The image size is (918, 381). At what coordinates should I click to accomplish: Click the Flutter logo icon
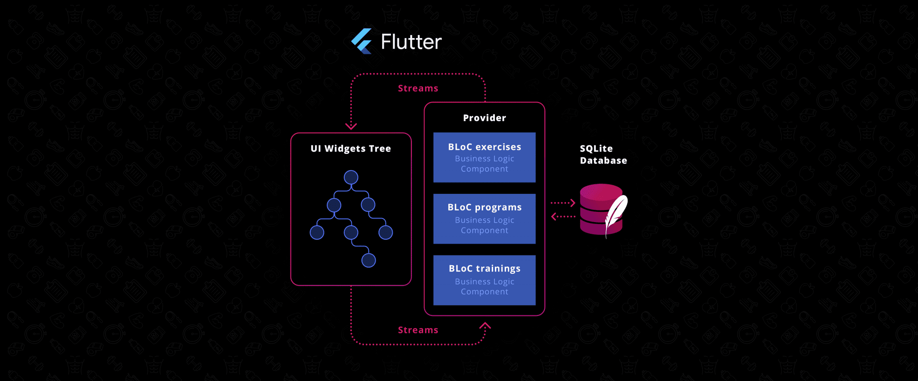tap(362, 41)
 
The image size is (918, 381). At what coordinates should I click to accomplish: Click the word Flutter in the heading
tap(411, 42)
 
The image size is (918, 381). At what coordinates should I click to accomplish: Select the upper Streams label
tap(418, 88)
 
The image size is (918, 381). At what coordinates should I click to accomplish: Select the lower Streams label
tap(418, 330)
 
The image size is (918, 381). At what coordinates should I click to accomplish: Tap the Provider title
tap(484, 118)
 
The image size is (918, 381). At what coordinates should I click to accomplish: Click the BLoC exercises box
tap(484, 158)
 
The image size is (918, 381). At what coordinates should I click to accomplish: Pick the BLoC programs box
tap(484, 219)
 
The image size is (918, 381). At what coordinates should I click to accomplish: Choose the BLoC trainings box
tap(484, 280)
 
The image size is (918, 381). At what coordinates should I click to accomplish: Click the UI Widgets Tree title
tap(351, 149)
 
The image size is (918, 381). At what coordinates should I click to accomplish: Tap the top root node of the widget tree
tap(351, 177)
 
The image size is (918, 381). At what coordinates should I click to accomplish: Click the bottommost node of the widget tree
tap(368, 260)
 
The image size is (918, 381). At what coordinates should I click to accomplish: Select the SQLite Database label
tap(603, 154)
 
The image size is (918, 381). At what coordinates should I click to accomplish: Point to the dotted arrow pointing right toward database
tap(563, 203)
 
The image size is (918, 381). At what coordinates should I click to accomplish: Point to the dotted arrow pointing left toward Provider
tap(563, 217)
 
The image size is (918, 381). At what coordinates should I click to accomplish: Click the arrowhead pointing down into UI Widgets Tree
tap(351, 126)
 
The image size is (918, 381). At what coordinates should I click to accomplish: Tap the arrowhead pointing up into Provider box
tap(485, 326)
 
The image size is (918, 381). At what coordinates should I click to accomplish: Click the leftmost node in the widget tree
tap(317, 232)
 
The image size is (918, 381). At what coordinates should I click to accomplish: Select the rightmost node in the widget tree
tap(385, 232)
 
